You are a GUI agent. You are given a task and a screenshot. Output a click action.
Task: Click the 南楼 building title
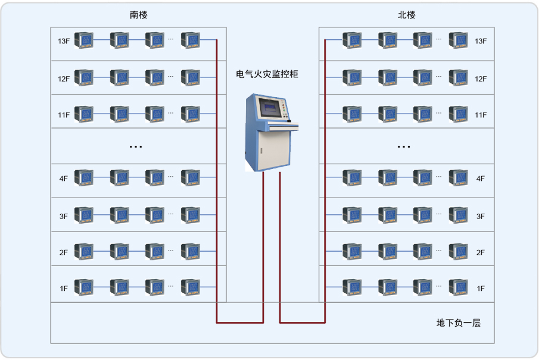(x=138, y=15)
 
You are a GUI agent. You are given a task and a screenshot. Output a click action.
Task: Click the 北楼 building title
(x=407, y=15)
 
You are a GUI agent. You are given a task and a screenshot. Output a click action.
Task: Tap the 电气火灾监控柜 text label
(x=267, y=74)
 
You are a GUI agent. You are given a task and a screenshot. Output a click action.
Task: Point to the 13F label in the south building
(x=64, y=41)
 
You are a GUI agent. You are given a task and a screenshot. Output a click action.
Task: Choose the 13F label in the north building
(x=481, y=41)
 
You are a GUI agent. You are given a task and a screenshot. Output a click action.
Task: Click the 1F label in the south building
(x=64, y=289)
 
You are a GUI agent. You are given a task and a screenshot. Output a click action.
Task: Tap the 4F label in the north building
(x=481, y=178)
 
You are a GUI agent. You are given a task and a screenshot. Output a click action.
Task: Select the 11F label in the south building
(x=64, y=114)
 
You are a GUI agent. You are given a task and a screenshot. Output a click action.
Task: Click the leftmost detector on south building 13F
(x=84, y=40)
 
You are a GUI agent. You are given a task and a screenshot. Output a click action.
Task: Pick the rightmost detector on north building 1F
(x=459, y=287)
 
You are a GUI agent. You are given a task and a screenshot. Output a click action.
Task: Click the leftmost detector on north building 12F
(x=352, y=77)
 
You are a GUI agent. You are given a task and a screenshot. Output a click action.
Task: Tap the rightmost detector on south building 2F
(x=191, y=252)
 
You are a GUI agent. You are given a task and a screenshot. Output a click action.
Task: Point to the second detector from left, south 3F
(x=120, y=215)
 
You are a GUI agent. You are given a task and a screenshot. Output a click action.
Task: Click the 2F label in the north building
(x=481, y=252)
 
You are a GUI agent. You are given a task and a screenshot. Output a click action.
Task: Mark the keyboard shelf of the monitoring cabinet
(x=280, y=126)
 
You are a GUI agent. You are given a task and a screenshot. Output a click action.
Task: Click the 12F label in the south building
(x=64, y=79)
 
